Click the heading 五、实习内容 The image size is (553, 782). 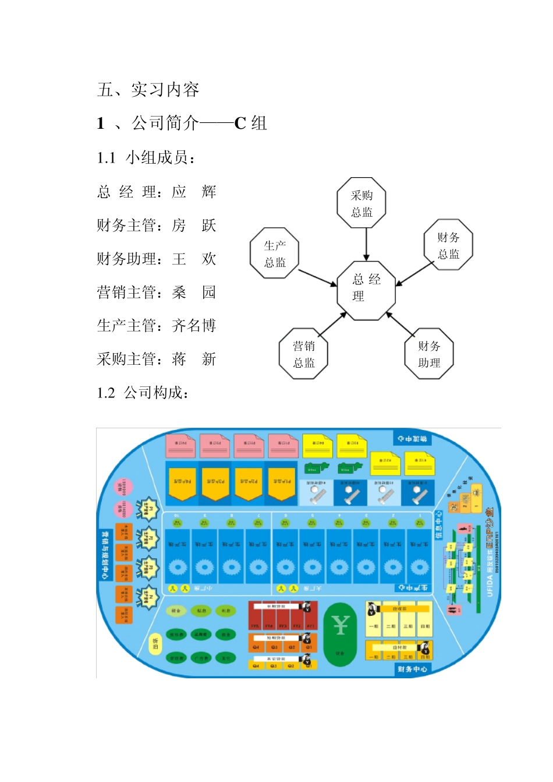click(x=148, y=89)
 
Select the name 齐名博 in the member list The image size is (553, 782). click(x=194, y=325)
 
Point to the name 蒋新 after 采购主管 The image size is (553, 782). click(x=194, y=359)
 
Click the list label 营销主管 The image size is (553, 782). click(x=126, y=292)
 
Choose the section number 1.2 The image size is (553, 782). click(x=106, y=393)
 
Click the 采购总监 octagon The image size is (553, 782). click(x=361, y=203)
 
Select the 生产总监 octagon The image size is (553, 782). click(x=275, y=253)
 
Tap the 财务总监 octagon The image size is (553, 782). click(x=448, y=245)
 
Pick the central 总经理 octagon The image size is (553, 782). click(x=366, y=288)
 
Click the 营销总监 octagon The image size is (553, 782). click(x=304, y=354)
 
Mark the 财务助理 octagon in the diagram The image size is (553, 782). click(x=429, y=354)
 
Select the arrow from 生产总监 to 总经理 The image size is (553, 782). click(x=317, y=277)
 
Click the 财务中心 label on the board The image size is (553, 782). click(x=412, y=669)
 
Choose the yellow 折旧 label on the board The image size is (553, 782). click(x=155, y=643)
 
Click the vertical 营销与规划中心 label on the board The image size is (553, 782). click(x=105, y=554)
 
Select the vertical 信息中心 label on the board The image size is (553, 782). click(x=439, y=524)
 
